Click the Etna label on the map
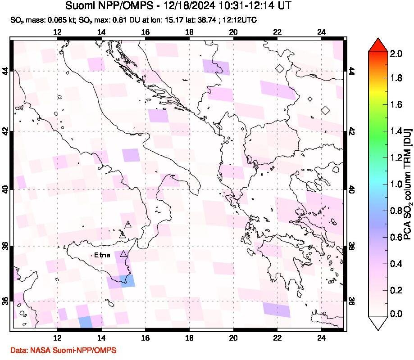pos(102,255)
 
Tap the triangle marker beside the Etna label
pos(123,254)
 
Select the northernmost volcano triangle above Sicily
pos(128,223)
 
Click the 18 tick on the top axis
pos(189,32)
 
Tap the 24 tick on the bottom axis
pos(321,339)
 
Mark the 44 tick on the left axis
pos(6,71)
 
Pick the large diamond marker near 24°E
pos(325,110)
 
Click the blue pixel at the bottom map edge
pos(85,322)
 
